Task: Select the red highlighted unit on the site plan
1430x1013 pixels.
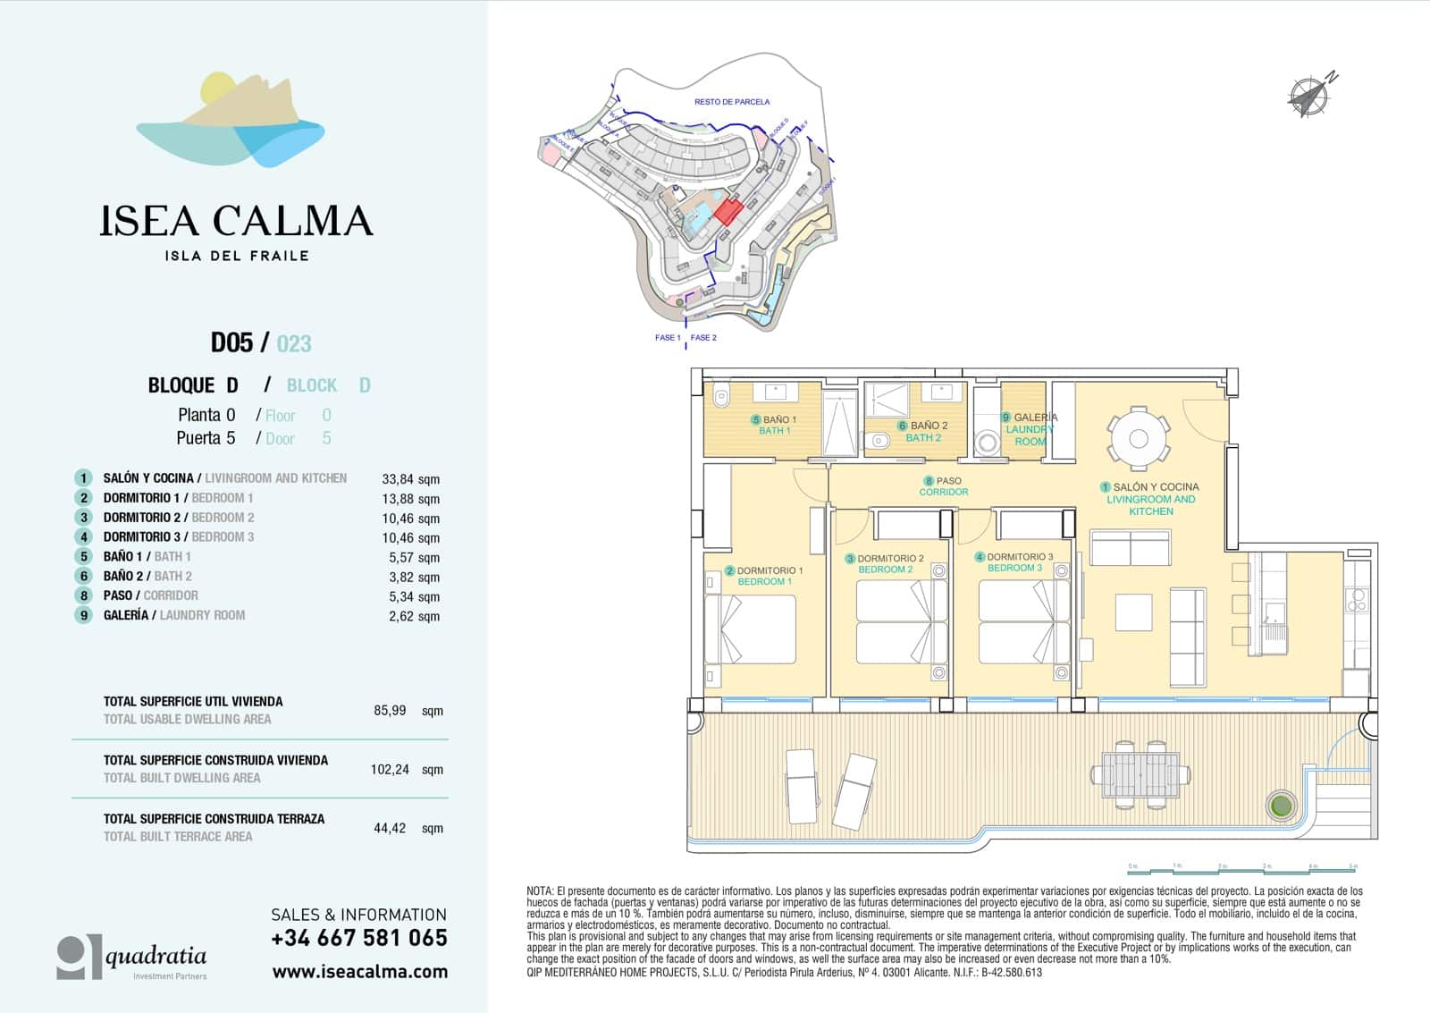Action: (728, 212)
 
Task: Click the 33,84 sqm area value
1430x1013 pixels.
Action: (410, 479)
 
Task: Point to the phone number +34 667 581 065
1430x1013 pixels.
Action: (358, 938)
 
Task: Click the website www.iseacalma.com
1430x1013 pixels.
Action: (359, 972)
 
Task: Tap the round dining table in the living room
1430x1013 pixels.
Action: (1138, 438)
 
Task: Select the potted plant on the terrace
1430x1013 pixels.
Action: (1281, 804)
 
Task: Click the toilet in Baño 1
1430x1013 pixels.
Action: (721, 394)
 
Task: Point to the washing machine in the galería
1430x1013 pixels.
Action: (988, 443)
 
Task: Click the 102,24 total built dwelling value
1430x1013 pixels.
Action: (390, 769)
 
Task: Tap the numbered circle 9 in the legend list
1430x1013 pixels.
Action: (83, 615)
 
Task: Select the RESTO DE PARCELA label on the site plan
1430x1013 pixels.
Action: (732, 102)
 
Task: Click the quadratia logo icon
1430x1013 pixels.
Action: (79, 957)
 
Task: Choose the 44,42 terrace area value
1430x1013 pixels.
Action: (390, 828)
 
